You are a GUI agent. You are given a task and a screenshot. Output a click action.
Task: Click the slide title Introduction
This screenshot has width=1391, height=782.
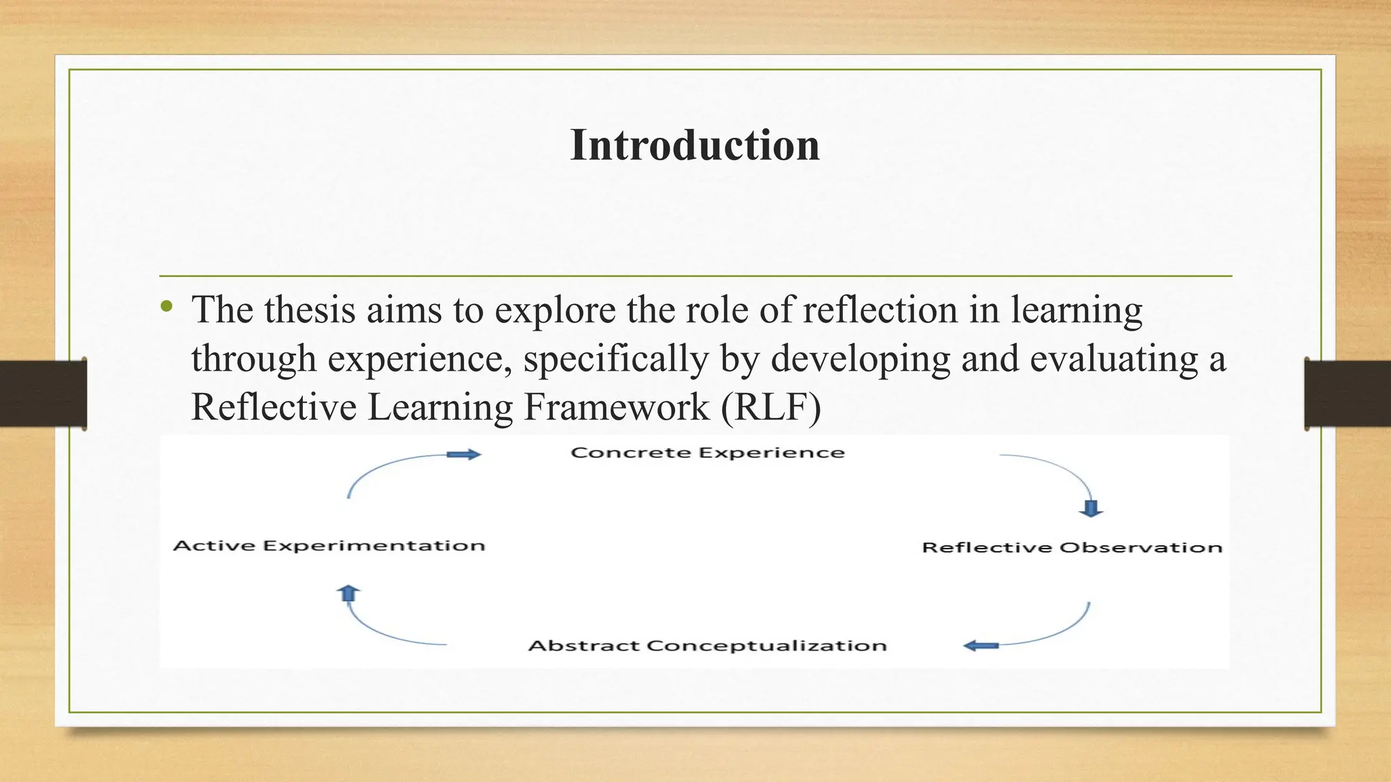pyautogui.click(x=695, y=145)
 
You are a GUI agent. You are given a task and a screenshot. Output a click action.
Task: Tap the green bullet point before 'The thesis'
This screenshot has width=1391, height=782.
pyautogui.click(x=167, y=307)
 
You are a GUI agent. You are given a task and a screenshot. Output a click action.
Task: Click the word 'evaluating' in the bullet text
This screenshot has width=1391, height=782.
pyautogui.click(x=1114, y=359)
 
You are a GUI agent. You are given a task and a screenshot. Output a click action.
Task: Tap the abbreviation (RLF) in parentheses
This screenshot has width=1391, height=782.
pyautogui.click(x=771, y=407)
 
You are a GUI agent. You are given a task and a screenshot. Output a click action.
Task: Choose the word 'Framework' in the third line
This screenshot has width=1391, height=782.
pyautogui.click(x=616, y=407)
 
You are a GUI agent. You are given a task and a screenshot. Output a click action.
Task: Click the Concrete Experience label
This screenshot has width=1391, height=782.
pyautogui.click(x=708, y=453)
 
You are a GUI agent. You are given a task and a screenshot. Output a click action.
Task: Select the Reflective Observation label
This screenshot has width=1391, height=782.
pyautogui.click(x=1072, y=547)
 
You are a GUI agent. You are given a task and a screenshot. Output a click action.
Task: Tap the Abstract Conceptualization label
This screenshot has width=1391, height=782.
pyautogui.click(x=708, y=645)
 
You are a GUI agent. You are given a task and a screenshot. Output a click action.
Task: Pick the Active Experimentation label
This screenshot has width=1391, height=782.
pyautogui.click(x=329, y=546)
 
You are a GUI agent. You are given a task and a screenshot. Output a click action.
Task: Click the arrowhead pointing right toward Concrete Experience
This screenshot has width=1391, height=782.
pyautogui.click(x=465, y=455)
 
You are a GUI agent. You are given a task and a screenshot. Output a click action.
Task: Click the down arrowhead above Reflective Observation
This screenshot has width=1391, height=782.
pyautogui.click(x=1091, y=508)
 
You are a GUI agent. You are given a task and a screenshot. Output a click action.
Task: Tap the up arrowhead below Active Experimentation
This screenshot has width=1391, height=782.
pyautogui.click(x=348, y=593)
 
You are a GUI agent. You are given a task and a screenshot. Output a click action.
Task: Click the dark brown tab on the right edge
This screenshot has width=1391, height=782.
pyautogui.click(x=1348, y=394)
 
